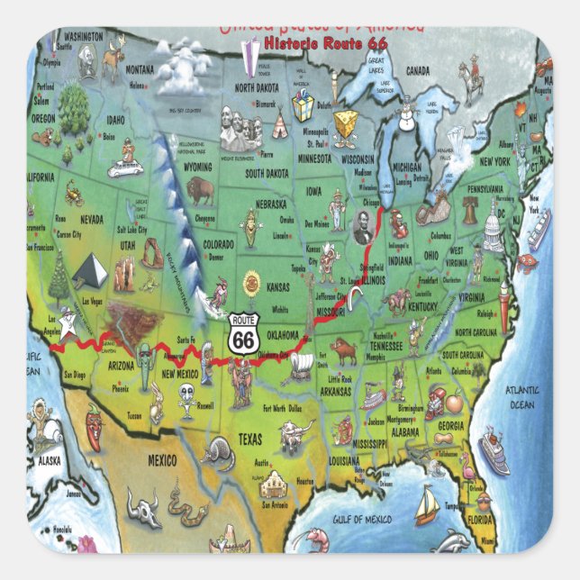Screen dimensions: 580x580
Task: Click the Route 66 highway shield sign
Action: click(x=241, y=334)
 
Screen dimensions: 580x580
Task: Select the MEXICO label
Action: click(x=162, y=460)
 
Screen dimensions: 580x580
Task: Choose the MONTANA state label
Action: click(x=140, y=69)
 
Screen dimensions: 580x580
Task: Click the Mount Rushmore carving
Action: click(x=240, y=135)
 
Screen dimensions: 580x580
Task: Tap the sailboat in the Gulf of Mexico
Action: click(x=426, y=504)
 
